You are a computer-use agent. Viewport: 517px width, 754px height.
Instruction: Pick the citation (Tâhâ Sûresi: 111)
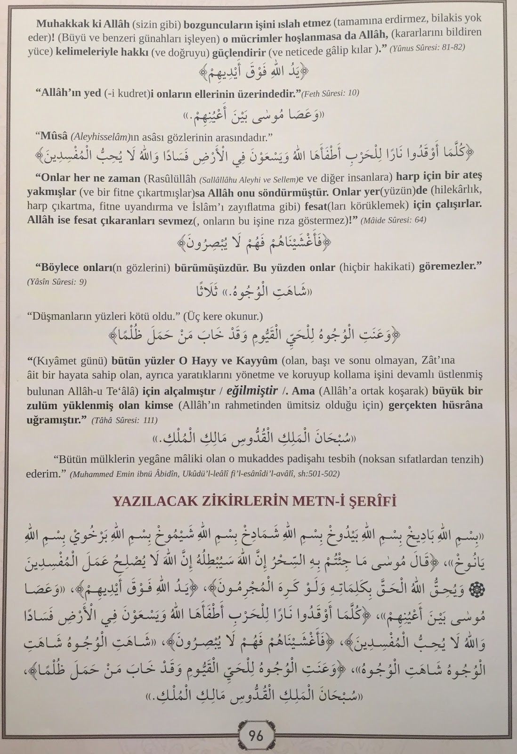124,419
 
